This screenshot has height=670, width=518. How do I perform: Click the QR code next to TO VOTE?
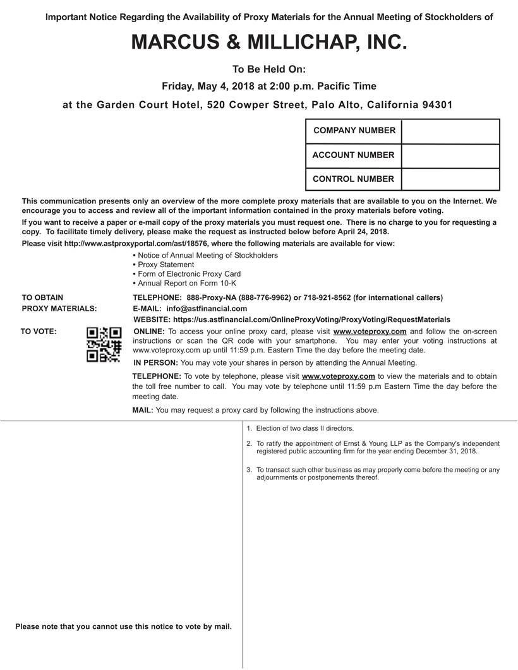104,344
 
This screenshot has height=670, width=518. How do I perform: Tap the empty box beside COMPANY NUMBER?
450,131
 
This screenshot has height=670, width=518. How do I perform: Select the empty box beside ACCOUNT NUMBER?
450,155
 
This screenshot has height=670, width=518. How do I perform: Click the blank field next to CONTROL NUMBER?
450,179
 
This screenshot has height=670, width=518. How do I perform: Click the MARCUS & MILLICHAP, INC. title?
265,42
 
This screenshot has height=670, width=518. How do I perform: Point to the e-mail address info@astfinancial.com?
207,309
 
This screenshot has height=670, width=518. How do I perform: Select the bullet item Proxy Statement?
166,265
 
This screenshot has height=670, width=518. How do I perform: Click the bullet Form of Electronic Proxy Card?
189,274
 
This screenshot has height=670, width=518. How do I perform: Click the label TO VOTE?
39,331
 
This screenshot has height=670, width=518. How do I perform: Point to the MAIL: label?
143,410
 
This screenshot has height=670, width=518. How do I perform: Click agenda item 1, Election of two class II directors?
305,428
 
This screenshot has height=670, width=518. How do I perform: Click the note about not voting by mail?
123,626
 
